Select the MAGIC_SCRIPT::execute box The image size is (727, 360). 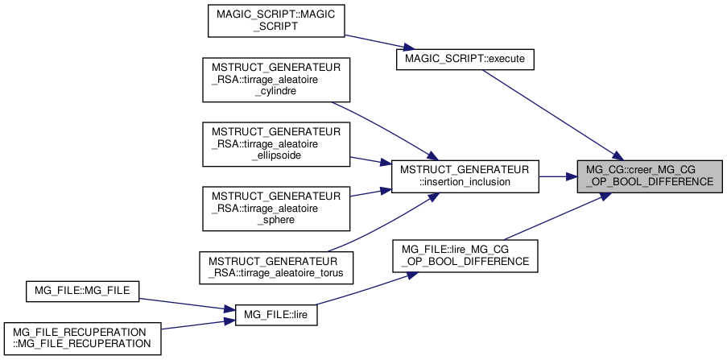(465, 60)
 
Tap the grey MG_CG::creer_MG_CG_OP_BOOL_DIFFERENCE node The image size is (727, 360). (650, 176)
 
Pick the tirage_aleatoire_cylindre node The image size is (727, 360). (276, 79)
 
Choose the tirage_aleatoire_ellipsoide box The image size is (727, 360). (276, 143)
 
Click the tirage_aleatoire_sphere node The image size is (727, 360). (276, 208)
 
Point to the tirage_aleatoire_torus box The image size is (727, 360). (276, 266)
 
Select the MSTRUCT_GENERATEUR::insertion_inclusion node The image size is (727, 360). (465, 176)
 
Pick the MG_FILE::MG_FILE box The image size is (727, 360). (83, 292)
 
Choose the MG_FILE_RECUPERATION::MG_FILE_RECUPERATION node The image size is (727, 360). (83, 338)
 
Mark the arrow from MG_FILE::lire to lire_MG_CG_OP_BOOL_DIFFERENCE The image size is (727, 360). (362, 292)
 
